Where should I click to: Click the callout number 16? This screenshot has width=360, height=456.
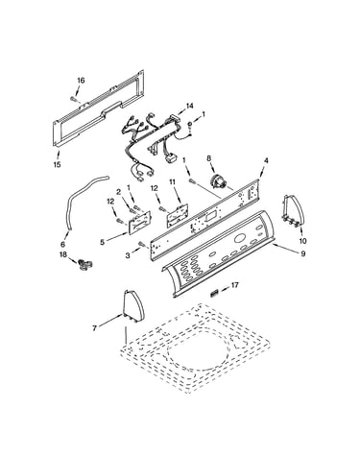click(x=81, y=81)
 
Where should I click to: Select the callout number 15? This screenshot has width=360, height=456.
click(x=58, y=164)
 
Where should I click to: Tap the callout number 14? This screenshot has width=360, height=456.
click(x=190, y=106)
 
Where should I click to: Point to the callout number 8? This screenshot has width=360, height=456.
click(x=209, y=157)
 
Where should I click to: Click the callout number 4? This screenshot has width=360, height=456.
click(x=266, y=160)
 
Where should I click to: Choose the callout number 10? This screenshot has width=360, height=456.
click(x=302, y=241)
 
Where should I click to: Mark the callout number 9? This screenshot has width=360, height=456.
click(x=302, y=253)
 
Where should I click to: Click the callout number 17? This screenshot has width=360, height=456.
click(x=235, y=284)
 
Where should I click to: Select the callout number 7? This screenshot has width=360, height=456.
click(x=94, y=328)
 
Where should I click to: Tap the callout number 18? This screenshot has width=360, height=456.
click(x=63, y=254)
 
